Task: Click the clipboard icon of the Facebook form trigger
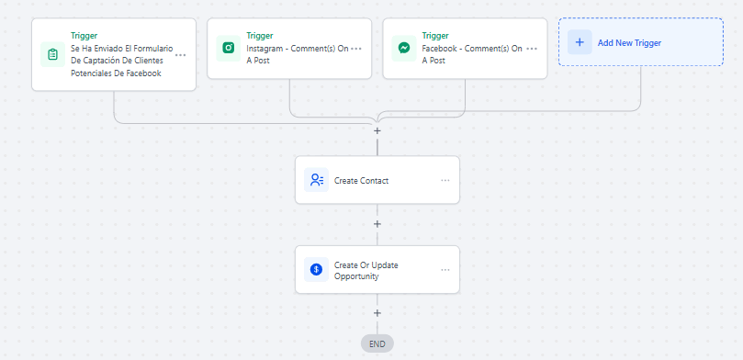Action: (52, 54)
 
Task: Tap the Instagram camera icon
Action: (229, 48)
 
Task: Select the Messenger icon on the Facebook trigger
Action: (404, 48)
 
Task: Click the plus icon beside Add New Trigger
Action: (580, 42)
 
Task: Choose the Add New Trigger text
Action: (629, 42)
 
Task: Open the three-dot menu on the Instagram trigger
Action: (356, 49)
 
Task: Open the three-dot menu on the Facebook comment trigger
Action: (532, 49)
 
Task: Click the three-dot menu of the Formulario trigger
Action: (181, 55)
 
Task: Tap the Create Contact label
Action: (361, 181)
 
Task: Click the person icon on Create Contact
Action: (316, 180)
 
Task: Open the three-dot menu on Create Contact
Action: (445, 181)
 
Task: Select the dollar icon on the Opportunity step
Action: (316, 269)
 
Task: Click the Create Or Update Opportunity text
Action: (366, 271)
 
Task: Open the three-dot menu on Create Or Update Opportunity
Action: (445, 270)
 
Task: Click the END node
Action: (377, 343)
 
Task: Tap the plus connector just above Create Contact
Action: (377, 130)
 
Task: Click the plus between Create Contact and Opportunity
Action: (377, 223)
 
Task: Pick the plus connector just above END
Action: (377, 312)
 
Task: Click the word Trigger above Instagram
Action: (260, 36)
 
